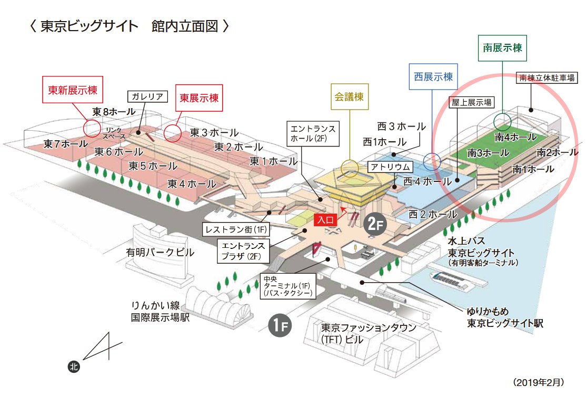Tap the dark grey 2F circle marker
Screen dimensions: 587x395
click(374, 224)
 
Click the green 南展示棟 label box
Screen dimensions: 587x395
click(502, 47)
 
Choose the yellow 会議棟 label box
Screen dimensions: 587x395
click(349, 97)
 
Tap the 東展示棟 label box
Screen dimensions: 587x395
click(199, 98)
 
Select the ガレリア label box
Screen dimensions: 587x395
click(147, 96)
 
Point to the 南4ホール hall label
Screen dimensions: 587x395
click(515, 137)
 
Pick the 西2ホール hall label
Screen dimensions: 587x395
click(433, 214)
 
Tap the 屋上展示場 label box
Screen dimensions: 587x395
click(470, 103)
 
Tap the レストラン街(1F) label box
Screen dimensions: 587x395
click(235, 229)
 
